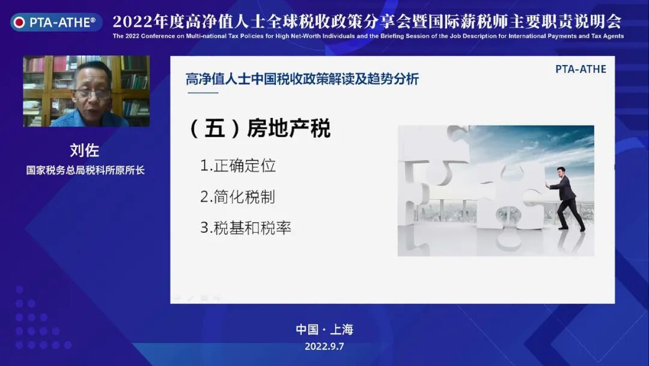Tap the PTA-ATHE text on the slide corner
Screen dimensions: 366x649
pyautogui.click(x=580, y=69)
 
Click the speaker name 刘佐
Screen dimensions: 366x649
pyautogui.click(x=85, y=150)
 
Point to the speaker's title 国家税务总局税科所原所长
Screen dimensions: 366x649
pyautogui.click(x=85, y=170)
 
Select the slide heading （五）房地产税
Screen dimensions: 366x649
pyautogui.click(x=260, y=129)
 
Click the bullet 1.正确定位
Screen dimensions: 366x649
pyautogui.click(x=238, y=166)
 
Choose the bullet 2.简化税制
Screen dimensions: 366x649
pyautogui.click(x=238, y=197)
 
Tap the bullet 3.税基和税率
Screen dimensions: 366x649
pyautogui.click(x=246, y=228)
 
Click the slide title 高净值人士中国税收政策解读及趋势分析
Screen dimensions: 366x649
pyautogui.click(x=302, y=79)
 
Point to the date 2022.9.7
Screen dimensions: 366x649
pyautogui.click(x=324, y=346)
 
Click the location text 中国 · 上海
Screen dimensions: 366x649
pyautogui.click(x=324, y=329)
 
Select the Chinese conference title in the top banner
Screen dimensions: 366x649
pyautogui.click(x=367, y=22)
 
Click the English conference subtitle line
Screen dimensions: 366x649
pyautogui.click(x=368, y=36)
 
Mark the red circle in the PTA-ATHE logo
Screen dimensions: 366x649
pyautogui.click(x=20, y=23)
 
